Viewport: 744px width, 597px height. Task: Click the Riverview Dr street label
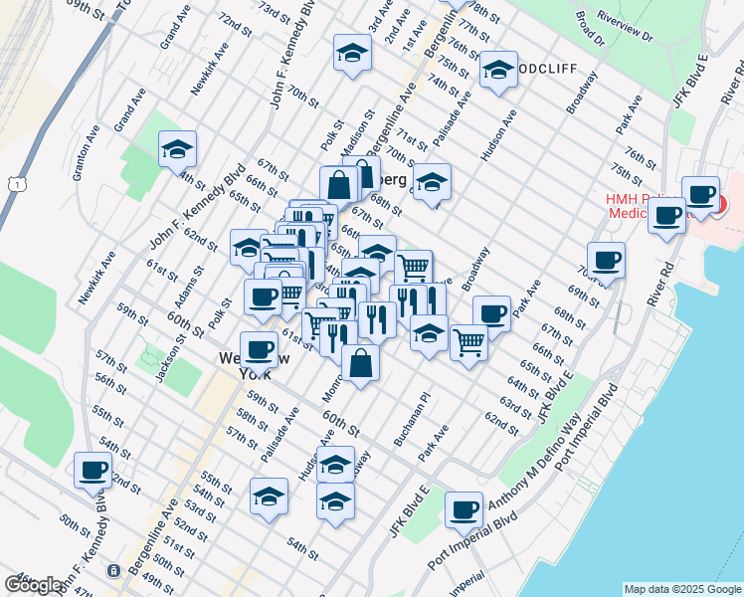click(x=626, y=28)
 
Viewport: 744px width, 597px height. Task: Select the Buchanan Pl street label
click(x=411, y=424)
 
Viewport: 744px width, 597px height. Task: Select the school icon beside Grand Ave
click(x=177, y=150)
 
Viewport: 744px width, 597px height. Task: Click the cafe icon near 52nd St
click(x=93, y=469)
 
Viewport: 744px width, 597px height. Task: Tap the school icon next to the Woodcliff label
click(x=497, y=70)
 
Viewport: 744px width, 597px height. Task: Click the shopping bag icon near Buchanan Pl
click(x=360, y=363)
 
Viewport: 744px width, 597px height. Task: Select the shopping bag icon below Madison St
click(x=338, y=185)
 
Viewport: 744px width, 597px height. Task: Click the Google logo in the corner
click(x=34, y=584)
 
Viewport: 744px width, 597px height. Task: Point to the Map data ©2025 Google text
click(x=681, y=589)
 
